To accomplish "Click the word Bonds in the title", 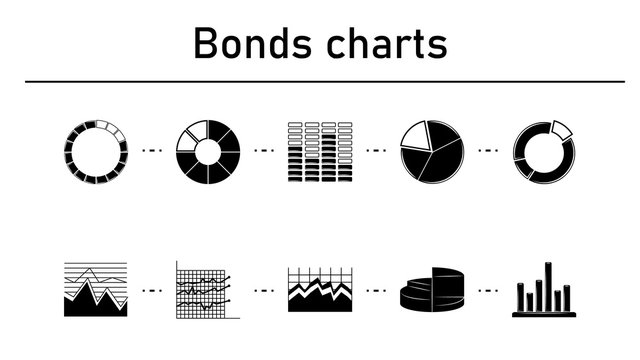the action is click(x=250, y=43).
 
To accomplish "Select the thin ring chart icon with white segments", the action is click(x=95, y=153).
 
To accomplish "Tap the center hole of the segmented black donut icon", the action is click(x=208, y=153).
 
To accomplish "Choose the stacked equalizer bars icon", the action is click(x=320, y=153).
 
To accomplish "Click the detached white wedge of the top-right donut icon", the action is click(x=559, y=129).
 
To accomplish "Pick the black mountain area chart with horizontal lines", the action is click(x=95, y=289).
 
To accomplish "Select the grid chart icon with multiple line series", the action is click(x=208, y=289).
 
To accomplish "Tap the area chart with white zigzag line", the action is click(x=320, y=290).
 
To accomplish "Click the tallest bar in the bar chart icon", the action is click(x=548, y=286).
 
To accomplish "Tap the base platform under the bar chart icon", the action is click(x=543, y=313).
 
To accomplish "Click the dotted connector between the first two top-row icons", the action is click(x=152, y=151).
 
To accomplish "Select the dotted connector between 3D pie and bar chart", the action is click(x=488, y=290).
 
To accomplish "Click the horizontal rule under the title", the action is click(x=320, y=81).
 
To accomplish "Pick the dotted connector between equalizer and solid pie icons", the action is click(x=376, y=151).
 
